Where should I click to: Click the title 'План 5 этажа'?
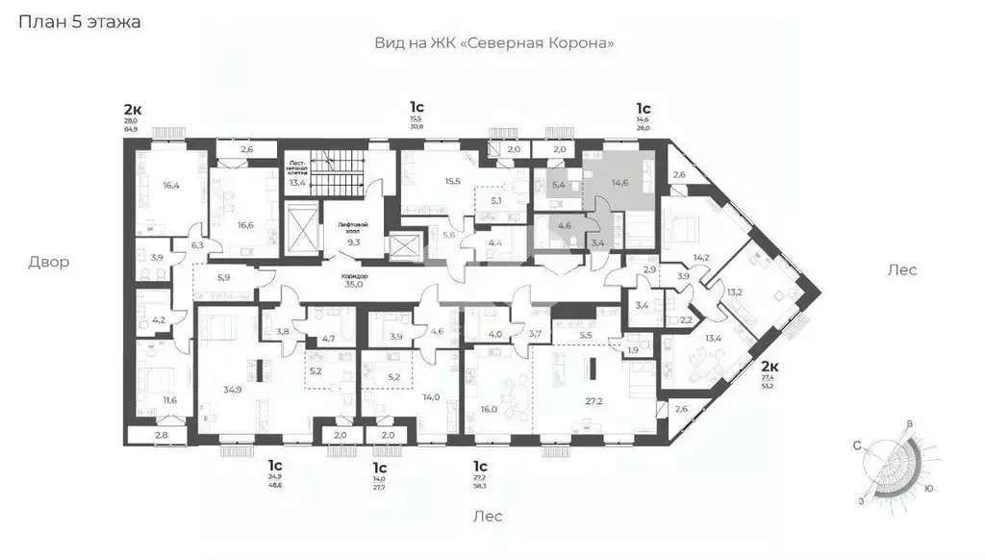[x=79, y=22]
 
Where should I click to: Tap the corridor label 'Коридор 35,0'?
[x=355, y=280]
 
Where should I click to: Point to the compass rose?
[x=894, y=462]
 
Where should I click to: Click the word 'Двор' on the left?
[x=48, y=262]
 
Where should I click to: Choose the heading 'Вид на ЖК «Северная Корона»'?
[x=493, y=43]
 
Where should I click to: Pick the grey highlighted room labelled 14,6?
[x=619, y=183]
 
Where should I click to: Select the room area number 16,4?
[x=172, y=186]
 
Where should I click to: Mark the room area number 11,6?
[x=169, y=399]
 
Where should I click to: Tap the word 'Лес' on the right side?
[x=901, y=270]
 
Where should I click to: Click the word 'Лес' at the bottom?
[x=488, y=516]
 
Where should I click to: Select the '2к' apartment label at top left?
[x=132, y=108]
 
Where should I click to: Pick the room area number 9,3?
[x=354, y=242]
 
